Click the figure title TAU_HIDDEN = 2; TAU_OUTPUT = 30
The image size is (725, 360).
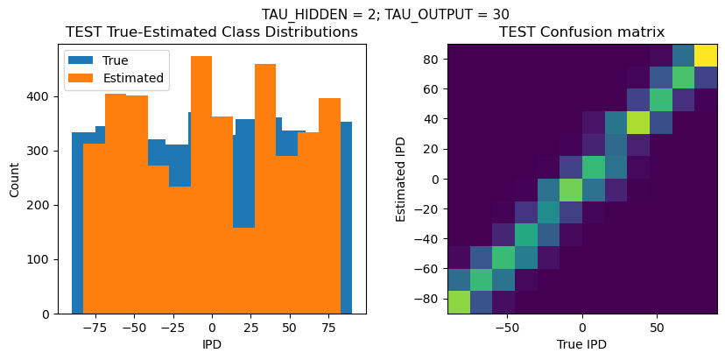[385, 14]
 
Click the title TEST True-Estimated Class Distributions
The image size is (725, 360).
[212, 32]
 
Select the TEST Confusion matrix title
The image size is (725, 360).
[581, 32]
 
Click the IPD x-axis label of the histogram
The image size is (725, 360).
[212, 344]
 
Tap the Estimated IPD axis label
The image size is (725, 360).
[401, 178]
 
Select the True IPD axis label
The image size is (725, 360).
[581, 344]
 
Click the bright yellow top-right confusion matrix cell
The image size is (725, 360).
[706, 55]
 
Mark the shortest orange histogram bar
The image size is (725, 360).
[244, 271]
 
